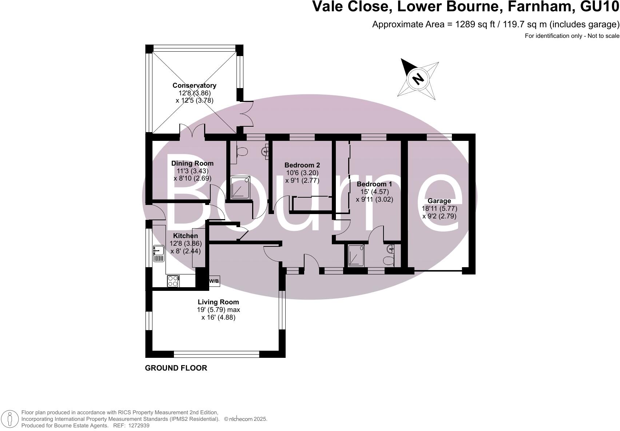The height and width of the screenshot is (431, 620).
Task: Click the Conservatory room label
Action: click(194, 85)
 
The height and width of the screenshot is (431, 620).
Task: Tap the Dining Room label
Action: click(192, 163)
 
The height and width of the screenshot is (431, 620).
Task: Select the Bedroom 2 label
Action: click(302, 165)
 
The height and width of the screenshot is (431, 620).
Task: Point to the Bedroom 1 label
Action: click(374, 184)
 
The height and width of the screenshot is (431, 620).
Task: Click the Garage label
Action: click(439, 201)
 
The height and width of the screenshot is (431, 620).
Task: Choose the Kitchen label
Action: click(186, 236)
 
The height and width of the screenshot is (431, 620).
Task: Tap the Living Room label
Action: click(218, 302)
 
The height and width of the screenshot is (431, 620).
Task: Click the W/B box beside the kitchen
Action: click(214, 281)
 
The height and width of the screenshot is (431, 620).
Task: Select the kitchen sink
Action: click(159, 253)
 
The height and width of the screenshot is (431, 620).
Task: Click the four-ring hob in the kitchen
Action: click(173, 281)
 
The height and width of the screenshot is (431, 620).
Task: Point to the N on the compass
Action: click(418, 79)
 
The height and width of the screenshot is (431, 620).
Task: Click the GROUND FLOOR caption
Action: click(176, 368)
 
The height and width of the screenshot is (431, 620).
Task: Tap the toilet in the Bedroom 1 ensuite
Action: click(388, 260)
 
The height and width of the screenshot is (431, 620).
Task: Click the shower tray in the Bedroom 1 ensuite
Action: click(356, 256)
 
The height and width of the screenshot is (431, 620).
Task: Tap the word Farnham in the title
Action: click(540, 7)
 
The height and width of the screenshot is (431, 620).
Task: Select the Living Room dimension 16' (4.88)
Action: click(218, 317)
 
